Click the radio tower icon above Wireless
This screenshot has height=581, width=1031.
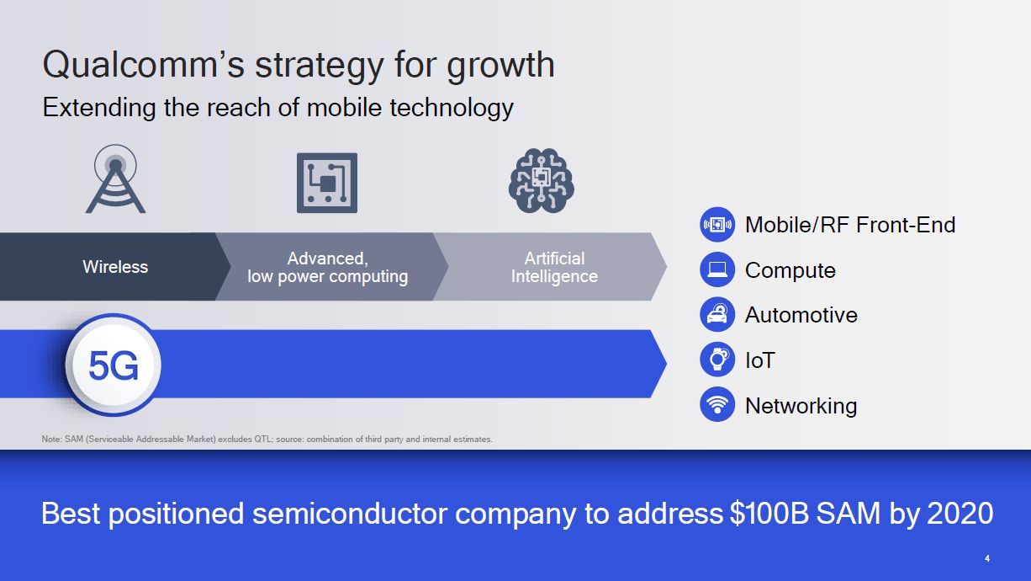click(116, 179)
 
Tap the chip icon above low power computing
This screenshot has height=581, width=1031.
click(326, 183)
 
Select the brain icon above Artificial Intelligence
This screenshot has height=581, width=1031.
click(541, 181)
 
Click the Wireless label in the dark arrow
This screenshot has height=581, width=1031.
click(115, 267)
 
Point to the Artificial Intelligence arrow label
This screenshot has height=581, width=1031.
click(554, 267)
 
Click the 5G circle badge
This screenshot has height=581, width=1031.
click(114, 365)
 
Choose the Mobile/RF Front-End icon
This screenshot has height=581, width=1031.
click(717, 225)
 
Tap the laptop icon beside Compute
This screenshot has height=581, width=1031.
click(717, 270)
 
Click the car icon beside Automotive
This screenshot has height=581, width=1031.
click(717, 315)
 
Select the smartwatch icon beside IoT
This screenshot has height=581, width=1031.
click(717, 360)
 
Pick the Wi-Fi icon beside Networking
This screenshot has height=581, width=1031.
click(717, 405)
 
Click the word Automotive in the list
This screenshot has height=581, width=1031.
click(801, 315)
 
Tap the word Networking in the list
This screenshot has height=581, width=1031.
click(801, 405)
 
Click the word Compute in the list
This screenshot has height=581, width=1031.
click(790, 270)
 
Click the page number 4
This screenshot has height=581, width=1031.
click(987, 558)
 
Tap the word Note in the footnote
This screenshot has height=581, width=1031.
click(50, 439)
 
